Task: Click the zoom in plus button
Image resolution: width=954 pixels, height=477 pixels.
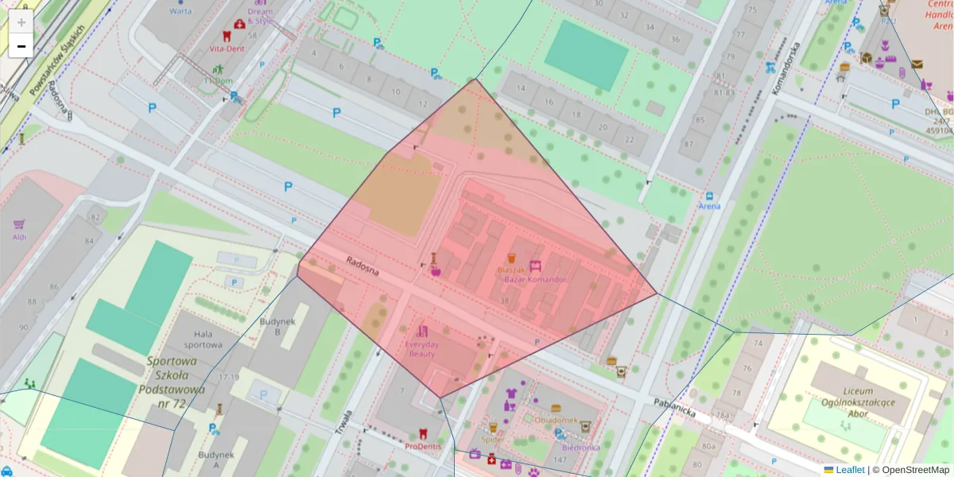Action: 21,22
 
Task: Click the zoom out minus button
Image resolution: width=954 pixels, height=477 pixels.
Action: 21,46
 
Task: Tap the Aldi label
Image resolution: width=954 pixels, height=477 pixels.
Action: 20,235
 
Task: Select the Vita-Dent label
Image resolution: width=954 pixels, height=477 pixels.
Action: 227,48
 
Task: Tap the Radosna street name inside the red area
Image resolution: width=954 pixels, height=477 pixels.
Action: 363,266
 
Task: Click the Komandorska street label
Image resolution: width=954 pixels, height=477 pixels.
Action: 784,67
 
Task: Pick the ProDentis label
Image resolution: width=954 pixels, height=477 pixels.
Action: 423,446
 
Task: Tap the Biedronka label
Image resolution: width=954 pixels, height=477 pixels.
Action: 581,447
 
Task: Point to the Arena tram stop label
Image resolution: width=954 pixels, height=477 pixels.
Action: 709,207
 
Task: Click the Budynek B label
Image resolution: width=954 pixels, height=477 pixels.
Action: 277,327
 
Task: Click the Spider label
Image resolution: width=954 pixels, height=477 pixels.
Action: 493,439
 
